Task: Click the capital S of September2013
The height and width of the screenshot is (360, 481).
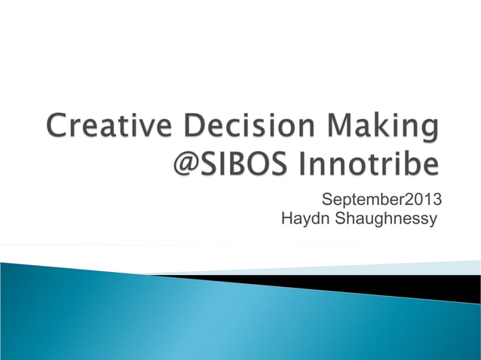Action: click(x=326, y=200)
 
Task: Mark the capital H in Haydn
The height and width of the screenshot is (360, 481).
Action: click(x=286, y=219)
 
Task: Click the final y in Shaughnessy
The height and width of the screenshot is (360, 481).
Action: click(x=433, y=221)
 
